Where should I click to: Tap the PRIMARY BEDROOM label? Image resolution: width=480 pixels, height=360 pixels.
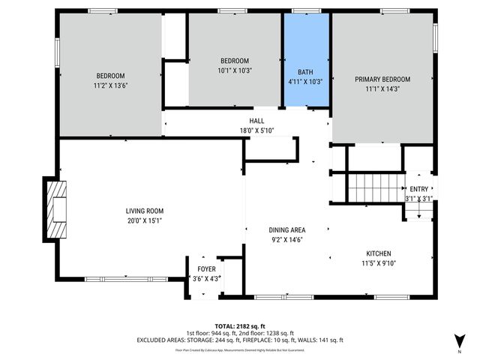(x=382, y=79)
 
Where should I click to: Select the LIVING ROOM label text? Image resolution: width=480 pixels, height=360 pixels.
(x=145, y=211)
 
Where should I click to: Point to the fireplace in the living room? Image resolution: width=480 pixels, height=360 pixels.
(x=56, y=209)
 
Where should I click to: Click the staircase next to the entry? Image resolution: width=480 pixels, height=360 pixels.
(x=373, y=187)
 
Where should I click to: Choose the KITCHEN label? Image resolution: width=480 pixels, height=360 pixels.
(x=378, y=253)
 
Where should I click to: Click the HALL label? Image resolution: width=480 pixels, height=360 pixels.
(x=256, y=121)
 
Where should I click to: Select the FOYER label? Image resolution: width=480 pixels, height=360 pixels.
(x=206, y=268)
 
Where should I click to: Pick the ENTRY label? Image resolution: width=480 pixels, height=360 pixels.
(x=418, y=189)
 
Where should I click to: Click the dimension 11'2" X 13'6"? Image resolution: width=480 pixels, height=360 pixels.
(x=110, y=85)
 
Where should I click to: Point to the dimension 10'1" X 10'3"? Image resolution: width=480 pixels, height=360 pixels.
(x=234, y=70)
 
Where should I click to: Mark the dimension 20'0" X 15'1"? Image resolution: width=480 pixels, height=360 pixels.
(x=145, y=220)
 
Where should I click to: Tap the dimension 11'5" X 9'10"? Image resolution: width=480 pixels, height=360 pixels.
(x=378, y=263)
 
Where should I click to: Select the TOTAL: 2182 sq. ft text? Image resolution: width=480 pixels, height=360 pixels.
(x=240, y=325)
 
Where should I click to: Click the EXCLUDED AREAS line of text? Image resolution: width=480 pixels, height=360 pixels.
(x=240, y=340)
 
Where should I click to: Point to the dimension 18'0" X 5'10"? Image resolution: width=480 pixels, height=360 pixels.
(x=256, y=130)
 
